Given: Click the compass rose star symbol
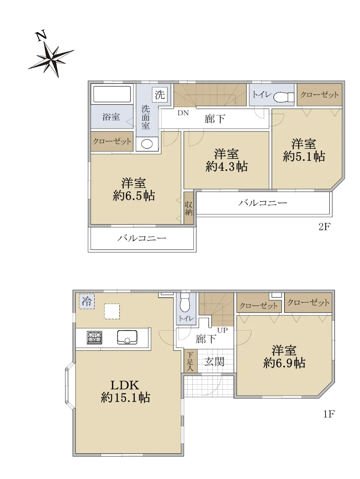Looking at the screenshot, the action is coord(51,59).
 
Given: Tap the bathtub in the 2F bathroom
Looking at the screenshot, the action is coord(112,94).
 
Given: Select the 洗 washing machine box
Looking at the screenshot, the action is coord(160,95).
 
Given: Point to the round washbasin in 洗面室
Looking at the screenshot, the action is coord(147,144).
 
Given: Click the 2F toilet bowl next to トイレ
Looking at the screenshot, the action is coord(284,97).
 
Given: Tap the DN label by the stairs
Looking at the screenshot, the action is coord(183,113).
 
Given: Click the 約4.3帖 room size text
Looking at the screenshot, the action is coord(226,167).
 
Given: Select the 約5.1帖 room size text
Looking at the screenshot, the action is coord(304,156).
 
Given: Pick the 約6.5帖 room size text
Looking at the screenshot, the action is coord(134,195).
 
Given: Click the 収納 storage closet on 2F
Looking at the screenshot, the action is coord(188,208).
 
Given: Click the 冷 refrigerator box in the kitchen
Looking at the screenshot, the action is coord(87,301).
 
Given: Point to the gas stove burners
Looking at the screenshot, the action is coord(95,338).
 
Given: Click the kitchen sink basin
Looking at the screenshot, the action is coord(127,337).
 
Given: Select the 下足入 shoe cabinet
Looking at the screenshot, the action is coord(190,361).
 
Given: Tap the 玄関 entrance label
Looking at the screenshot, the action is coord(214,362).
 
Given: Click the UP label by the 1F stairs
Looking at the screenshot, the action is coord(222,330).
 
